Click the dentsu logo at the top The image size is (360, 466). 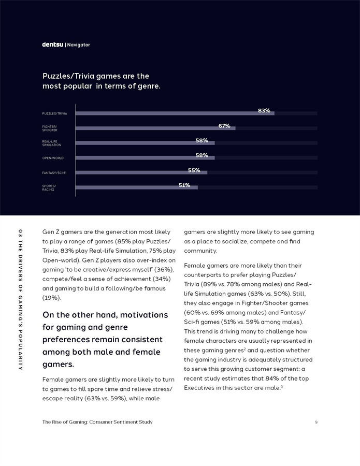coord(53,45)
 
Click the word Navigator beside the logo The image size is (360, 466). coord(79,45)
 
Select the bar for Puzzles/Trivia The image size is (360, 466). coord(175,113)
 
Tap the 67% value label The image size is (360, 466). coord(224,126)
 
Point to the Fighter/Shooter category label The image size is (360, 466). coord(50,128)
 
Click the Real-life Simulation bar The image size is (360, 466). coord(145,143)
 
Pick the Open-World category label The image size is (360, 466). coord(53,158)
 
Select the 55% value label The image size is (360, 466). coord(194,170)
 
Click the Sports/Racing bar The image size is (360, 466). coord(137,187)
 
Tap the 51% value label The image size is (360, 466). coord(184,185)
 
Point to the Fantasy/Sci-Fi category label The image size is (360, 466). coord(54,172)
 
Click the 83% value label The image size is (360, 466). coord(264,110)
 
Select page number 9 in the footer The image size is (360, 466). coord(316,422)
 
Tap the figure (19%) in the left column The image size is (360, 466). coord(52,298)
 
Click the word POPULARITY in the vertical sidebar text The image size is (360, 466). coord(20,349)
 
